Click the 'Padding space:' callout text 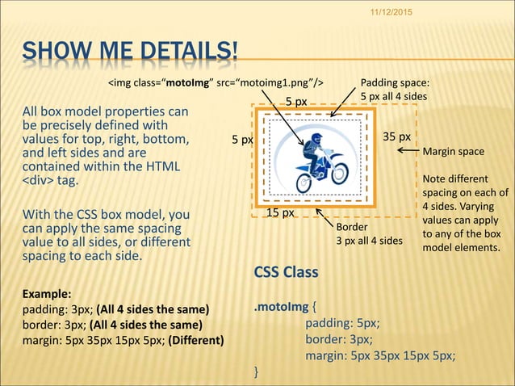(395, 82)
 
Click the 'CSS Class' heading (286, 272)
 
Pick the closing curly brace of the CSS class (256, 372)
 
